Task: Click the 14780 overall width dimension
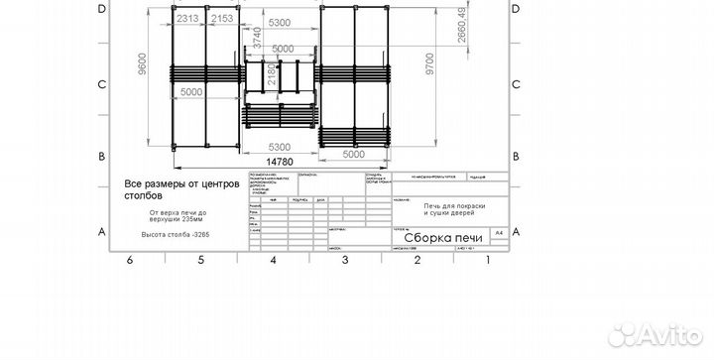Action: (280, 162)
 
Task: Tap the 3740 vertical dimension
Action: (256, 37)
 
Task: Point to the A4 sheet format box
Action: (499, 232)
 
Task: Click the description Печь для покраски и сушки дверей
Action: (450, 209)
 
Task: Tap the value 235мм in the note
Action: (191, 222)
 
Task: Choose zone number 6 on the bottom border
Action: (129, 260)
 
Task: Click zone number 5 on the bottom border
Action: (200, 260)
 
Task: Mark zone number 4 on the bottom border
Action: (273, 260)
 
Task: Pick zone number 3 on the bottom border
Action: (345, 260)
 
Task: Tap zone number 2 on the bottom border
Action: (417, 260)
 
